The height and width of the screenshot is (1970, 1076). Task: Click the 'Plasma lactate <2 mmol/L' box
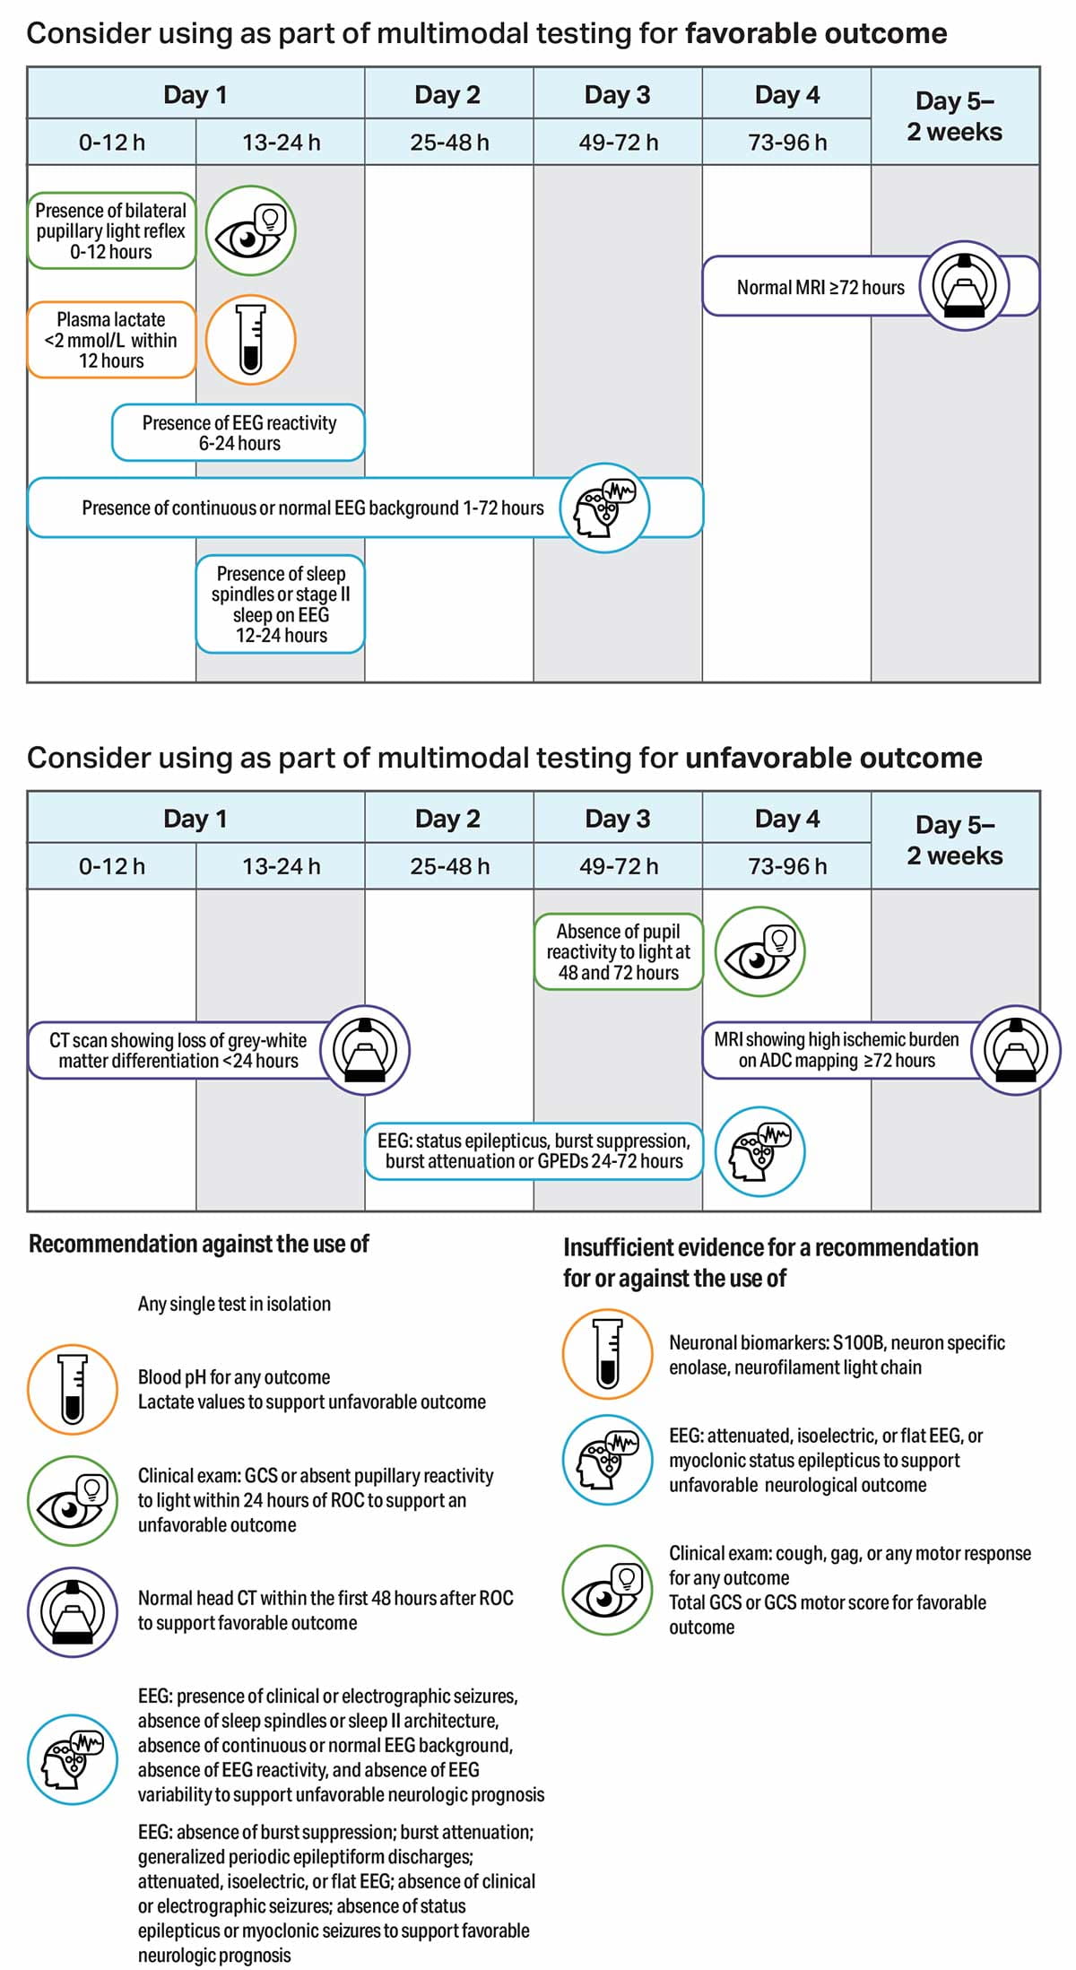[x=111, y=340]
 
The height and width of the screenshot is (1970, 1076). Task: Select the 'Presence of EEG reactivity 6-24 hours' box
[x=239, y=433]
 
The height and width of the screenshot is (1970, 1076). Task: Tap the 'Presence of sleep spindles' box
[x=281, y=604]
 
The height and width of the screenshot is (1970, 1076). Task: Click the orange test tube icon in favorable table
[x=250, y=340]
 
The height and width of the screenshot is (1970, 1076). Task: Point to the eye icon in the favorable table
[x=250, y=231]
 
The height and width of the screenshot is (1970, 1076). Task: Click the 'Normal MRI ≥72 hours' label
[x=820, y=288]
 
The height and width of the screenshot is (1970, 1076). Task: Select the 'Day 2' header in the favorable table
[x=447, y=95]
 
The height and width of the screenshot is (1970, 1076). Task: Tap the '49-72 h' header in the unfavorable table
[x=618, y=866]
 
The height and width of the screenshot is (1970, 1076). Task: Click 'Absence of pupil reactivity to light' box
[x=618, y=952]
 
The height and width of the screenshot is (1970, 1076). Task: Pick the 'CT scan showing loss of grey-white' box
[x=178, y=1050]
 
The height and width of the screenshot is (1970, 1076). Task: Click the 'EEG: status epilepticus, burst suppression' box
[x=534, y=1151]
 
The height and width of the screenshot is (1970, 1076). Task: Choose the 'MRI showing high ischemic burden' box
[x=836, y=1050]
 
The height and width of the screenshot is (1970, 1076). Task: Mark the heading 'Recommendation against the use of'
[x=199, y=1244]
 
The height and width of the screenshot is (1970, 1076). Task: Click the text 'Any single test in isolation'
[x=234, y=1304]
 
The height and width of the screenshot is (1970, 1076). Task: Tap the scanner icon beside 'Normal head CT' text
[x=72, y=1611]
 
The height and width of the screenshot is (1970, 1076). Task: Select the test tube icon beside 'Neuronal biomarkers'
[x=607, y=1354]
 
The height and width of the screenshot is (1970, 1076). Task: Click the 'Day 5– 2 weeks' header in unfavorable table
[x=954, y=840]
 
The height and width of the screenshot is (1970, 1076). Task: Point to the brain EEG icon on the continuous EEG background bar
[x=605, y=508]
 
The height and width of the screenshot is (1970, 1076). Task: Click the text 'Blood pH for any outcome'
[x=234, y=1377]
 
